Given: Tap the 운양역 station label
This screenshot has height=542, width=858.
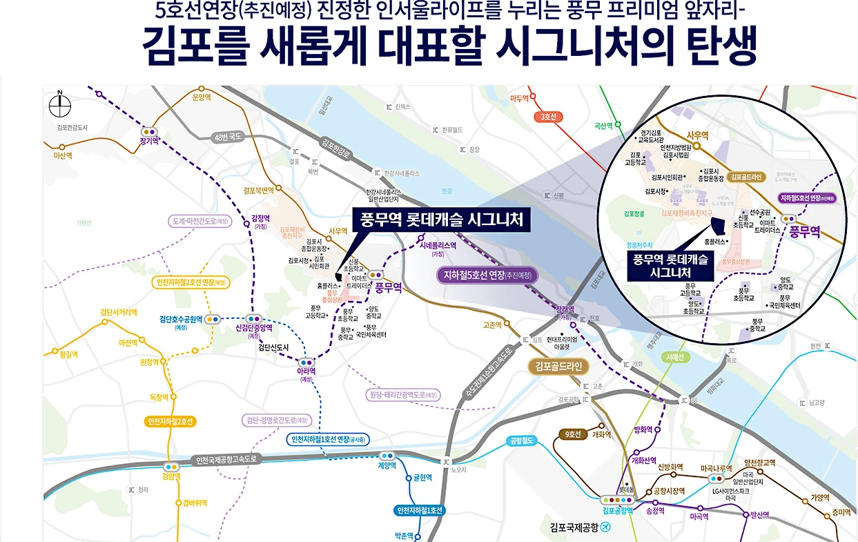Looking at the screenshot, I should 200,97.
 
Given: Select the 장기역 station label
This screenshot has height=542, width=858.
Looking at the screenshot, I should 149,141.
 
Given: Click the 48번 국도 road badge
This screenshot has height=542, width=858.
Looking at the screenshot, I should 228,136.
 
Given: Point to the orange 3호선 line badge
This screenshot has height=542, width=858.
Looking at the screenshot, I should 549,117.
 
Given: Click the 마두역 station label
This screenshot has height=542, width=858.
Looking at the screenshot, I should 519,99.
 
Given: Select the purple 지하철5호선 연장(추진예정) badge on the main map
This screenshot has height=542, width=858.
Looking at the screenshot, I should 487,275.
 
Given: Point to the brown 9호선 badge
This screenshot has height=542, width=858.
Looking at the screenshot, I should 573,434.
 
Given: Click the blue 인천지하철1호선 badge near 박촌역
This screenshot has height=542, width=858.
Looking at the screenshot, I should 420,511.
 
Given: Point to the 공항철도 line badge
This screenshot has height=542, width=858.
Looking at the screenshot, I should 523,440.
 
